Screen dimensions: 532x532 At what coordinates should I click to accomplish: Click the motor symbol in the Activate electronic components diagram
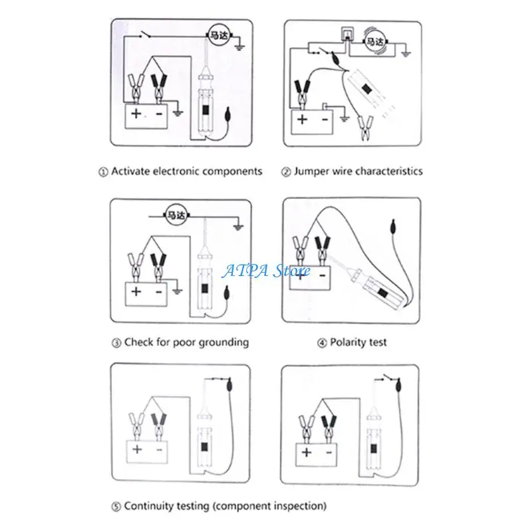click(219, 36)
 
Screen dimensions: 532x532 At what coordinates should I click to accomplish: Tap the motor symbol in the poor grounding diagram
click(176, 214)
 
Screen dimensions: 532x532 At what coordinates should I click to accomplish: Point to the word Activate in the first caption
click(132, 171)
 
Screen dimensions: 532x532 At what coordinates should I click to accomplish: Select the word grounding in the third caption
click(223, 342)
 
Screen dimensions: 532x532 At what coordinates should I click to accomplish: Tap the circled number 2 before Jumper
click(287, 172)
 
